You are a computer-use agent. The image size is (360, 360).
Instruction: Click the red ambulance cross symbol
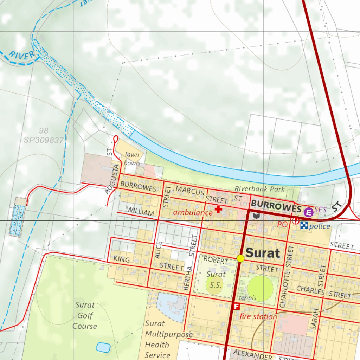click(218, 210)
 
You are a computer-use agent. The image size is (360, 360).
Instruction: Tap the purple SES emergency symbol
click(308, 212)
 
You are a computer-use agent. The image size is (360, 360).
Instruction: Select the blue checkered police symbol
click(304, 226)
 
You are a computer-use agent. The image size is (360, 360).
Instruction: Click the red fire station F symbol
click(237, 306)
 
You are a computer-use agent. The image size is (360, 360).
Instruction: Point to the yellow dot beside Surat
click(240, 258)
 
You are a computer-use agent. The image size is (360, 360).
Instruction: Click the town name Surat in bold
click(263, 253)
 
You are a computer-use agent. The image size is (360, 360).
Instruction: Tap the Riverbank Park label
click(260, 189)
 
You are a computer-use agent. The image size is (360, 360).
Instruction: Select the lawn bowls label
click(132, 159)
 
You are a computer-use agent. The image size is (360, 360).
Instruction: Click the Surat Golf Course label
click(85, 315)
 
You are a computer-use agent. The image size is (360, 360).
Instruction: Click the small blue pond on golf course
click(103, 347)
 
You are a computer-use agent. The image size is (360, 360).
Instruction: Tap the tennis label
click(248, 298)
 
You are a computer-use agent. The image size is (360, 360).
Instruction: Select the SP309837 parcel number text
click(44, 140)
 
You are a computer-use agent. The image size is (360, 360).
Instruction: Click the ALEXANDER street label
click(253, 354)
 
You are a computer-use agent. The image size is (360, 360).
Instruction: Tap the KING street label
click(122, 260)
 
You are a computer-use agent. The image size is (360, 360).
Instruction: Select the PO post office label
click(282, 224)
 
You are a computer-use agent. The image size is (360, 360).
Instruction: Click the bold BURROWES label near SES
click(276, 207)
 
